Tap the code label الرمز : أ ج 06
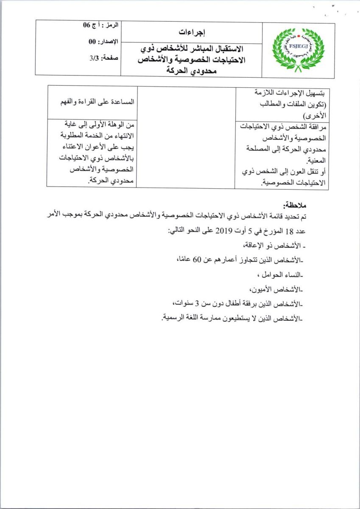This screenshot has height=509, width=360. pos(102,26)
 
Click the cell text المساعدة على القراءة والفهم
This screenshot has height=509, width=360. pos(98,102)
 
